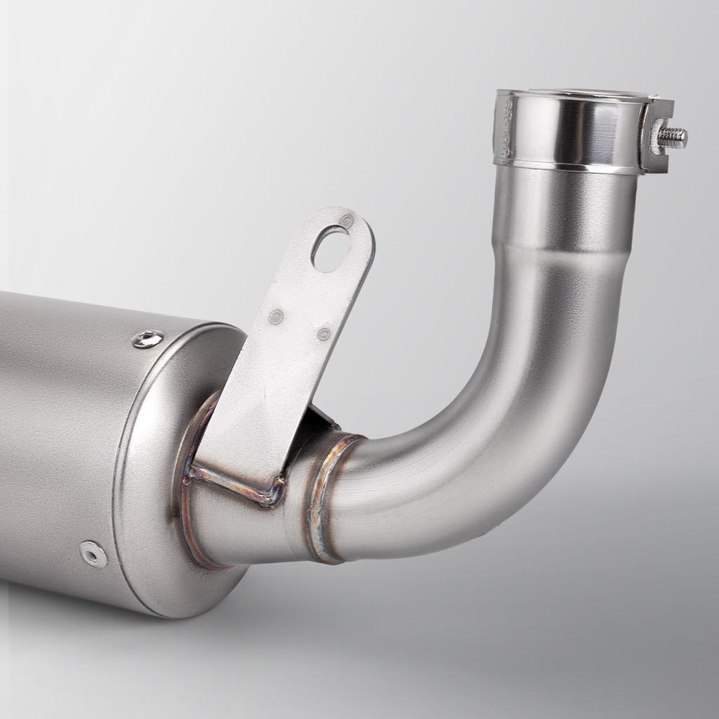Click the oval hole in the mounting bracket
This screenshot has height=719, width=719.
coord(330,250)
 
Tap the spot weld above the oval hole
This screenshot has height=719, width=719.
coord(346,221)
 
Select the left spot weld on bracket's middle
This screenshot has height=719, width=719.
coord(276,317)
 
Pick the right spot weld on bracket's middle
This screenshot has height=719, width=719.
coord(324,334)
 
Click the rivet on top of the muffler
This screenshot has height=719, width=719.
coord(147,339)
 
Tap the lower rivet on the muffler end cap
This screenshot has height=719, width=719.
coord(93,553)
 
